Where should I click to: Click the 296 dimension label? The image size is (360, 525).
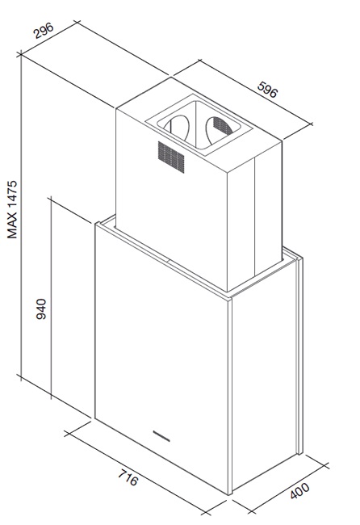pyautogui.click(x=44, y=31)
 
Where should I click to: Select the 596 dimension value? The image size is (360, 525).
pyautogui.click(x=268, y=89)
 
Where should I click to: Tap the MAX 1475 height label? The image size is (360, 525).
pyautogui.click(x=12, y=209)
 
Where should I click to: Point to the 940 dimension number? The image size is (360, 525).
pyautogui.click(x=41, y=309)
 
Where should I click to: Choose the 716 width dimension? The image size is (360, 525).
pyautogui.click(x=128, y=477)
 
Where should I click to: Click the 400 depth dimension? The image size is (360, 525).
pyautogui.click(x=300, y=490)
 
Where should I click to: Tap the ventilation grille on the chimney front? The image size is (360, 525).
pyautogui.click(x=171, y=157)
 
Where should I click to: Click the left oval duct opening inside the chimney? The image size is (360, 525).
pyautogui.click(x=177, y=128)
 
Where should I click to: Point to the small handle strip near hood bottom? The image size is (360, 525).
pyautogui.click(x=161, y=435)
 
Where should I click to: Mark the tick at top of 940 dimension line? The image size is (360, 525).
pyautogui.click(x=51, y=199)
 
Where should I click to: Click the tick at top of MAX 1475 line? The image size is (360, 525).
pyautogui.click(x=21, y=54)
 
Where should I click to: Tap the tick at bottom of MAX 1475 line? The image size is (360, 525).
pyautogui.click(x=21, y=377)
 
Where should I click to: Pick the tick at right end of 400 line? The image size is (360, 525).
pyautogui.click(x=324, y=466)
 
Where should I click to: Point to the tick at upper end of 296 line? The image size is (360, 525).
pyautogui.click(x=77, y=23)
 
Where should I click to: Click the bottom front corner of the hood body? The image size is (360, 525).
pyautogui.click(x=230, y=494)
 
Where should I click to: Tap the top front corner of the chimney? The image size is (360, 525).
pyautogui.click(x=228, y=174)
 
